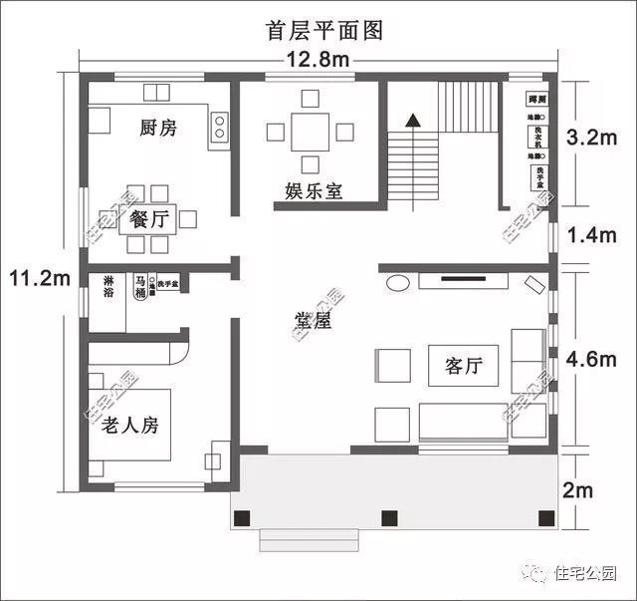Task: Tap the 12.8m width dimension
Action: click(318, 59)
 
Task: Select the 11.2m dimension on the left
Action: click(35, 276)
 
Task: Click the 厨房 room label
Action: click(157, 129)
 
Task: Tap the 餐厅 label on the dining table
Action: click(146, 219)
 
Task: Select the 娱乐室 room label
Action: click(314, 189)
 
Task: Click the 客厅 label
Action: click(463, 366)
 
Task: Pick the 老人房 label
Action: click(129, 426)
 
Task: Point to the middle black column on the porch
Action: click(389, 516)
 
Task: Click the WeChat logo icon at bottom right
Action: click(536, 574)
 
